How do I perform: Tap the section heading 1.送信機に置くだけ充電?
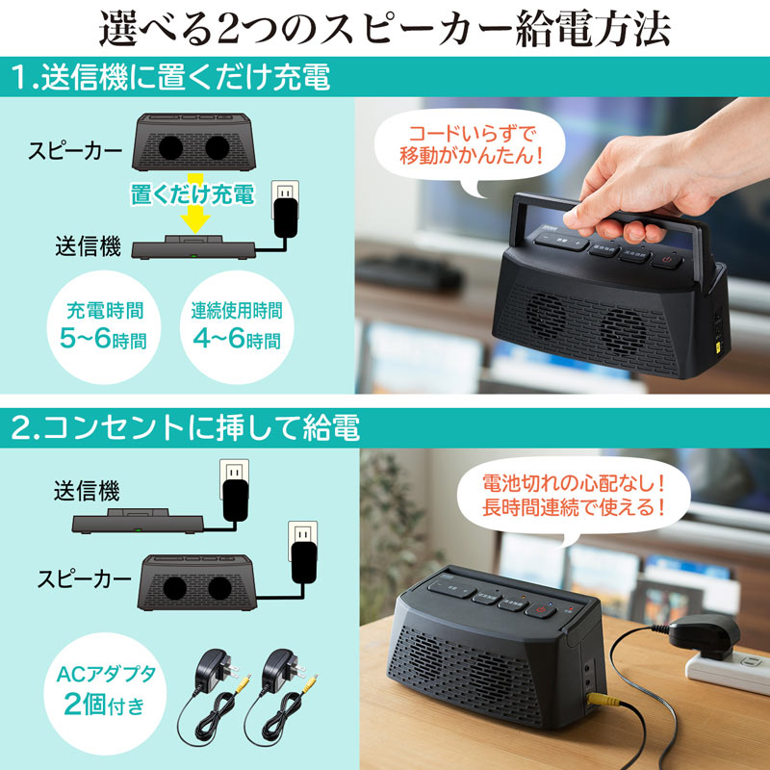pos(171,77)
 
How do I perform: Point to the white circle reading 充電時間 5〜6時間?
pos(107,324)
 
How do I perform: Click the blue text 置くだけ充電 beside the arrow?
pos(192,195)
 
